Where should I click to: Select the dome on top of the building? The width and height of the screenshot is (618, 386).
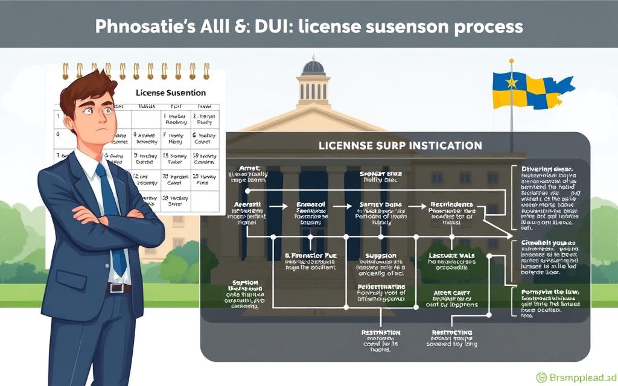pos(313,66)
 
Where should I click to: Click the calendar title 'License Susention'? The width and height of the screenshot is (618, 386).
pos(171,93)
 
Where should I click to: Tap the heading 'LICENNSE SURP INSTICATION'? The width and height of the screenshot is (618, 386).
pos(400,145)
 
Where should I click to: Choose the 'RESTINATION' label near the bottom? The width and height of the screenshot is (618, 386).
pos(381,332)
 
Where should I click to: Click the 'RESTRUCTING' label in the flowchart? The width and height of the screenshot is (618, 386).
pos(452,332)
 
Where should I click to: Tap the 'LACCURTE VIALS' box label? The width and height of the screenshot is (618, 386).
pos(452,256)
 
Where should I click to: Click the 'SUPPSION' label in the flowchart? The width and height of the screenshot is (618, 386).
pos(381,256)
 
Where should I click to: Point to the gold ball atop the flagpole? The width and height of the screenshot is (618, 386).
pos(511,60)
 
